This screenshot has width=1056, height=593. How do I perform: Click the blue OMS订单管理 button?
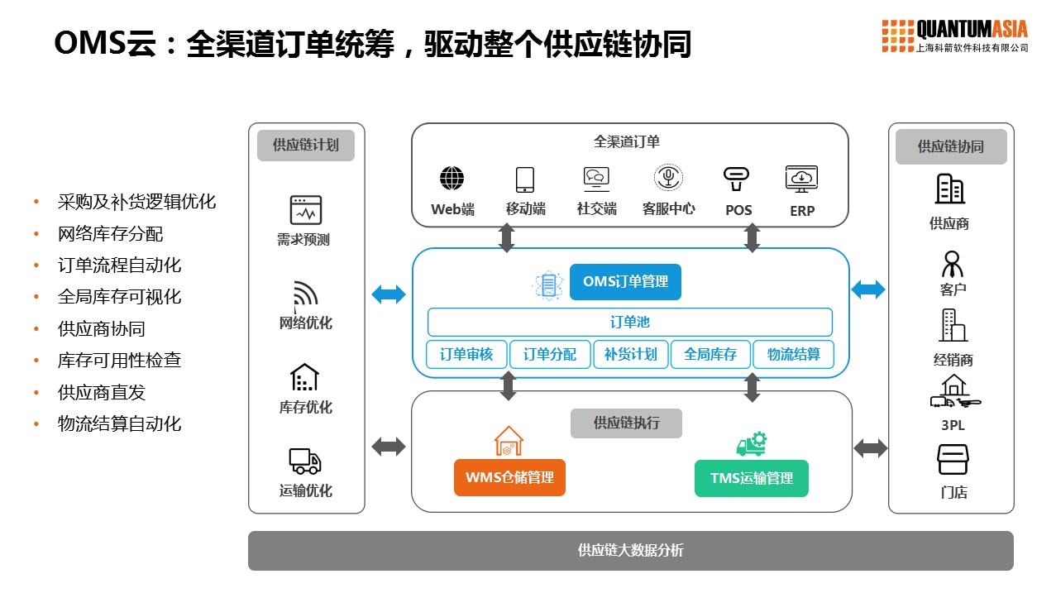click(625, 282)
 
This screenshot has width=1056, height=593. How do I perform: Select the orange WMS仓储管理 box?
click(509, 477)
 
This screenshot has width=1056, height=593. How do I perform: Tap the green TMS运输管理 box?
click(751, 478)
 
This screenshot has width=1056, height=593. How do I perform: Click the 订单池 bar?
click(629, 322)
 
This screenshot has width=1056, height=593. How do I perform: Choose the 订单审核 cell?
click(466, 354)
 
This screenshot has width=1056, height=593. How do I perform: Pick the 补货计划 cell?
click(630, 354)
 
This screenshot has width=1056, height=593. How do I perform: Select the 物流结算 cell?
click(793, 354)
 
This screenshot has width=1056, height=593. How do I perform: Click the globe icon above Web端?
click(452, 179)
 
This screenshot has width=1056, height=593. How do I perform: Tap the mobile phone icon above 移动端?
click(525, 179)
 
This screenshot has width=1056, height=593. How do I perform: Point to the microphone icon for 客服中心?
click(668, 178)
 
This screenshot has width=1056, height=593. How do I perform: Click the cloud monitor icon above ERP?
click(801, 179)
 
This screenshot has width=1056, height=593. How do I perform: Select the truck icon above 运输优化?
click(305, 461)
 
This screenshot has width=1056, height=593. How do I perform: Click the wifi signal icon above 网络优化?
click(305, 294)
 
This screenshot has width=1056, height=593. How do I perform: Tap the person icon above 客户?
click(953, 264)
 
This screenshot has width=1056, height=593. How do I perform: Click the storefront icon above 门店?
click(953, 460)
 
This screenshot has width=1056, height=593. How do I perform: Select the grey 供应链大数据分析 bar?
click(630, 550)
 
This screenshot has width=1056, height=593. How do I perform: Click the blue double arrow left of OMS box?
click(389, 294)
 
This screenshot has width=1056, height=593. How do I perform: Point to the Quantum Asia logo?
click(954, 36)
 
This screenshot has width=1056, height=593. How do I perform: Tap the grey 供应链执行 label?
click(626, 423)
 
